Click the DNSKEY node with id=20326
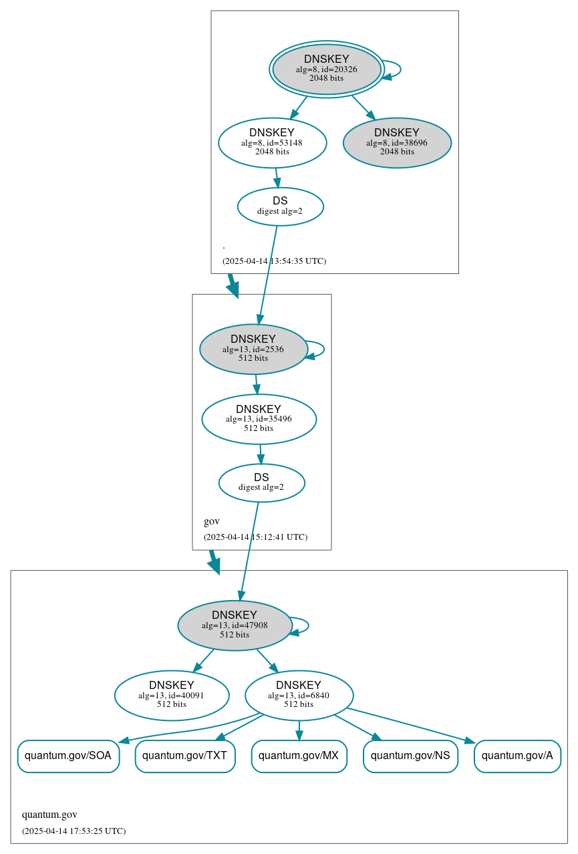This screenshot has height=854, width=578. pyautogui.click(x=327, y=69)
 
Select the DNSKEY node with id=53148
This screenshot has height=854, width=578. pyautogui.click(x=272, y=142)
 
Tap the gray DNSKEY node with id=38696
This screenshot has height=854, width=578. pyautogui.click(x=397, y=142)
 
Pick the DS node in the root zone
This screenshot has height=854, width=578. pyautogui.click(x=280, y=206)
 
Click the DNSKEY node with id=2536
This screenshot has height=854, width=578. pyautogui.click(x=253, y=349)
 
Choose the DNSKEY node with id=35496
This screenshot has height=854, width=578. pyautogui.click(x=259, y=419)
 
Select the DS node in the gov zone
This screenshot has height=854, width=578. pyautogui.click(x=261, y=482)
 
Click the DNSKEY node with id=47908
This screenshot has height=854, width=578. pyautogui.click(x=235, y=625)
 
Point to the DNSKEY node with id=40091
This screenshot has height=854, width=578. pyautogui.click(x=172, y=695)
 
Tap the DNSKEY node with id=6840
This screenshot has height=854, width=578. pyautogui.click(x=299, y=695)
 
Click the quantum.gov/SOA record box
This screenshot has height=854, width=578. pyautogui.click(x=68, y=756)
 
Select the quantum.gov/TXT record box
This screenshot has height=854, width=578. pyautogui.click(x=185, y=756)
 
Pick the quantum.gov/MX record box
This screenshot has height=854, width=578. pyautogui.click(x=299, y=756)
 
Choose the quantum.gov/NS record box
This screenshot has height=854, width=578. pyautogui.click(x=410, y=756)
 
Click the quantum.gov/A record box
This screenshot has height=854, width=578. pyautogui.click(x=517, y=756)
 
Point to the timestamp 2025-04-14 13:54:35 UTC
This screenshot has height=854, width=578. pyautogui.click(x=274, y=261)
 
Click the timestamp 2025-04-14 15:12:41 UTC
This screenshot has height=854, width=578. pyautogui.click(x=255, y=537)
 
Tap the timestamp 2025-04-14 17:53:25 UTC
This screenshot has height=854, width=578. pyautogui.click(x=74, y=831)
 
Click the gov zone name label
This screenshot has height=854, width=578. pyautogui.click(x=211, y=521)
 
